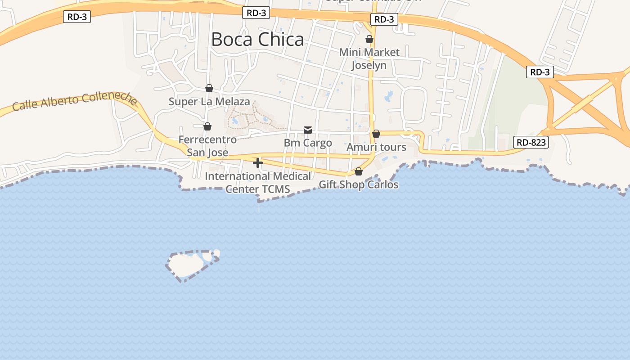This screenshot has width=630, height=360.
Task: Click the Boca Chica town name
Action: (257, 40)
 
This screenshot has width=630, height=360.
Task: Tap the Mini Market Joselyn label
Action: (369, 58)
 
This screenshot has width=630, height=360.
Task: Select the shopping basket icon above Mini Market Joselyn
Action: (369, 40)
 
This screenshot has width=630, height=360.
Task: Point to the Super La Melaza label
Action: (209, 102)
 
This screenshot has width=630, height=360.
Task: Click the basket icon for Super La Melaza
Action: (209, 88)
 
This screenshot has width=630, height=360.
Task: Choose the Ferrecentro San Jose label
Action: (207, 146)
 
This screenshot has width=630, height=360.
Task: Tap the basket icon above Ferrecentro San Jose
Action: (207, 126)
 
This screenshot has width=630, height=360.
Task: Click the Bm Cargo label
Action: (308, 143)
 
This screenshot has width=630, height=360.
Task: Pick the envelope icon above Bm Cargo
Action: (308, 130)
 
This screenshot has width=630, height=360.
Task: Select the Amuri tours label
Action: (376, 147)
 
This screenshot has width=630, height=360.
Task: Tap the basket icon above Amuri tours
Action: (376, 134)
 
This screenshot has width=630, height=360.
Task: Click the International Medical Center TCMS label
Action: (258, 182)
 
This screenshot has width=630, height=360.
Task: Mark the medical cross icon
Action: (258, 163)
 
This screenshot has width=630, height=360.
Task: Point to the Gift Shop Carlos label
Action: (358, 184)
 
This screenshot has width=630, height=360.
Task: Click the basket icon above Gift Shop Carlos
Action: (359, 171)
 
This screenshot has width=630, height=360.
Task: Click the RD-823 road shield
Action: (531, 143)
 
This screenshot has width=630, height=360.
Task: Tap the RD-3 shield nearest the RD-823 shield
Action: (540, 72)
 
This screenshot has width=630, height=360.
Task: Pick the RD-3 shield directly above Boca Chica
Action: (256, 13)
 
